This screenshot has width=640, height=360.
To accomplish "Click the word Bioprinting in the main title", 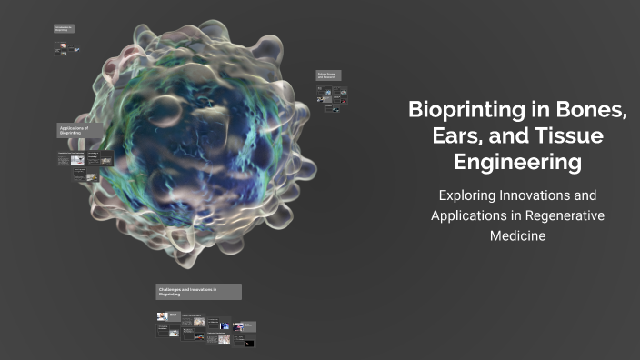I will tap(458, 111).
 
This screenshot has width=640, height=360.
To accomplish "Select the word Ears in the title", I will tap(449, 136).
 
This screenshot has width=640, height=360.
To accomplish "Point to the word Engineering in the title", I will tap(517, 163).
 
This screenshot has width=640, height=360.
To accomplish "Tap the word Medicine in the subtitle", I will tap(517, 236).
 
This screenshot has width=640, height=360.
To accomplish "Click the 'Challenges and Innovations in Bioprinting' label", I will tap(198, 292).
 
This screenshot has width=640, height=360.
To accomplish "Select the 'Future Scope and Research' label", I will tap(327, 75).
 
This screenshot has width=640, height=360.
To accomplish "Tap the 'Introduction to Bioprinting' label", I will tap(64, 29).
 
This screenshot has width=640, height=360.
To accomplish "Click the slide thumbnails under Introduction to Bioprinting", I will tap(65, 49).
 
